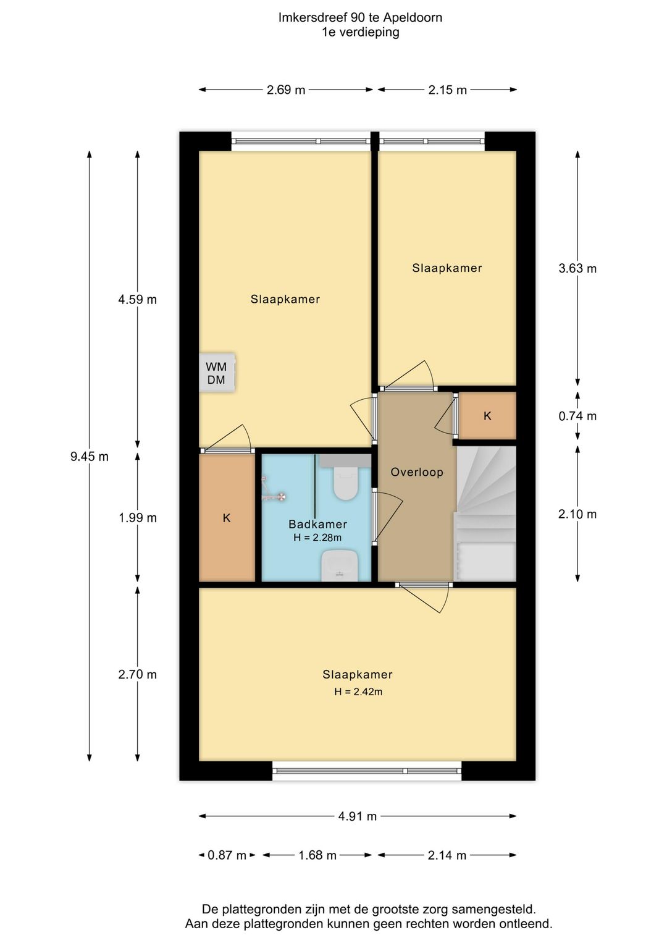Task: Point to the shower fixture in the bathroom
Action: [273, 489]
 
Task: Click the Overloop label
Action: [417, 472]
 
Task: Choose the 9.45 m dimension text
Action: [89, 456]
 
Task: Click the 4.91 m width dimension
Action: [357, 816]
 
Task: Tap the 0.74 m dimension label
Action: [577, 416]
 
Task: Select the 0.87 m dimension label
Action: [227, 855]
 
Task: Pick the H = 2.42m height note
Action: [358, 691]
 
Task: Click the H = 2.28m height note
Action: [317, 537]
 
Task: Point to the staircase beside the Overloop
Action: [485, 514]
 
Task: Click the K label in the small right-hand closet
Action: [487, 416]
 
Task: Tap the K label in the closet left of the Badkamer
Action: [227, 518]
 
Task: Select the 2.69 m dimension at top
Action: [286, 90]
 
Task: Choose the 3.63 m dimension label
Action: [577, 268]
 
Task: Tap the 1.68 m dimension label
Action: [317, 855]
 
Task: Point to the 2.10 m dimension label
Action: [577, 514]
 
